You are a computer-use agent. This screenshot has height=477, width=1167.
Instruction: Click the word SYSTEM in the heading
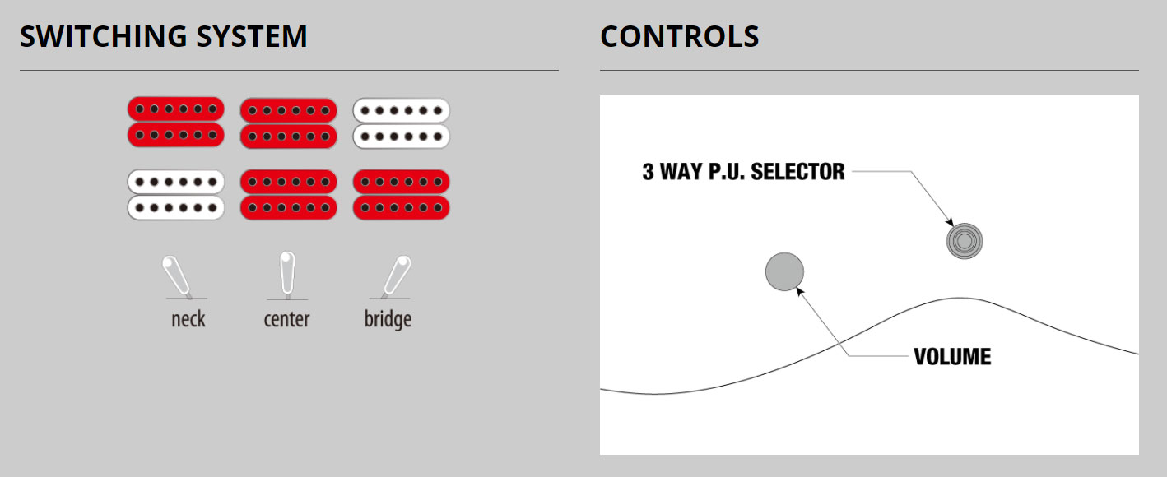(x=252, y=36)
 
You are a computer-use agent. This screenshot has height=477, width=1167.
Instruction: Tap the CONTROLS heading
(x=679, y=36)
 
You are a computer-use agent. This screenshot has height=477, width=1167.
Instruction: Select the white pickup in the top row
(x=401, y=123)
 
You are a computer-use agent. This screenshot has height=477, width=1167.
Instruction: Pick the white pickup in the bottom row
(x=176, y=195)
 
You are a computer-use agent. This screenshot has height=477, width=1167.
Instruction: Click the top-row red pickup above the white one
(x=176, y=122)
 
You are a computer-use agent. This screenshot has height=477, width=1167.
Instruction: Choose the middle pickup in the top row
(x=289, y=123)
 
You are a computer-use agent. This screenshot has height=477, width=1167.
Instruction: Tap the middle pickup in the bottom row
(x=289, y=195)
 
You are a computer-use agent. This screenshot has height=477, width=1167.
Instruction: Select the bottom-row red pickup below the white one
(x=401, y=195)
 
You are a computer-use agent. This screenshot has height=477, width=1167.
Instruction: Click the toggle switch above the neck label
(x=178, y=276)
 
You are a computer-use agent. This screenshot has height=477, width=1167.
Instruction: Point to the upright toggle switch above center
(x=287, y=275)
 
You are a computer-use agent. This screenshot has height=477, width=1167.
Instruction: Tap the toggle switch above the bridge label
(x=396, y=276)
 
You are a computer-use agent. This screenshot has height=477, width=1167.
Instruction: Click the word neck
(x=188, y=319)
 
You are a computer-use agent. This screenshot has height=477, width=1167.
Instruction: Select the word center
(x=286, y=319)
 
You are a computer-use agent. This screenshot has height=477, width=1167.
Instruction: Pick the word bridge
(x=388, y=320)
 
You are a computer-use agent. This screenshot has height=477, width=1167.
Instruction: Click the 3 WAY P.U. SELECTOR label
(x=743, y=171)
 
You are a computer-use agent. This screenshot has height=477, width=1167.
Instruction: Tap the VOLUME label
(x=952, y=357)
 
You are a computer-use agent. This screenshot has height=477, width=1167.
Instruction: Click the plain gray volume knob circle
(x=784, y=271)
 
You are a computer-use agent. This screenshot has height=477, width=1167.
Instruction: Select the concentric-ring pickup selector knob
(x=965, y=241)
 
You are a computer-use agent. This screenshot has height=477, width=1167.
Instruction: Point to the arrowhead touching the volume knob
(x=800, y=292)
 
